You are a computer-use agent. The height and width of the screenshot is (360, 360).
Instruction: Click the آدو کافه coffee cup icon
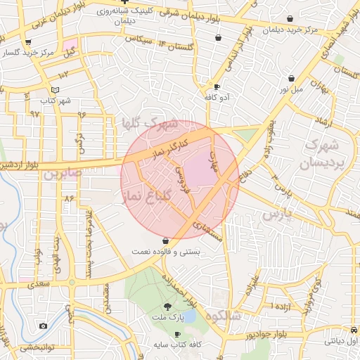pyautogui.click(x=217, y=86)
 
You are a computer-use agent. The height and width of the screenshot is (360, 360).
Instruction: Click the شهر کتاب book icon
pyautogui.click(x=56, y=90)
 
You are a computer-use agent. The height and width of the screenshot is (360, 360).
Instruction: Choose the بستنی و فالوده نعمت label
pyautogui.click(x=165, y=250)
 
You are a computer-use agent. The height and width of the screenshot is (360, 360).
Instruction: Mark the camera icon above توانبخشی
pyautogui.click(x=44, y=326)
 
